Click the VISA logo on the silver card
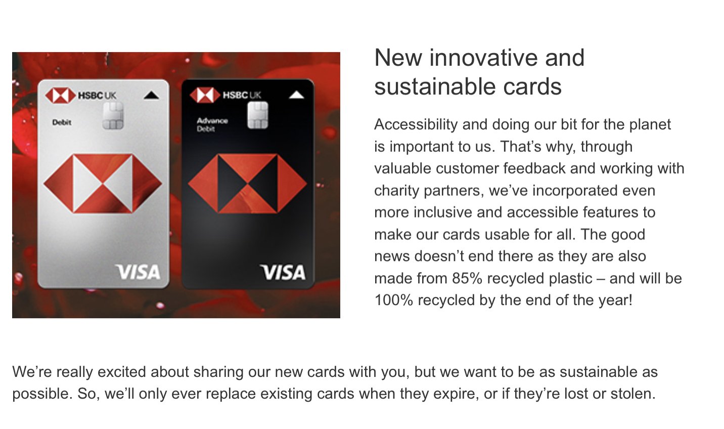tap(138, 272)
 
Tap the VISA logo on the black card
tap(283, 272)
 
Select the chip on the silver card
tap(113, 116)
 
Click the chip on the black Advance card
tap(258, 115)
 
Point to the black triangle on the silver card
tap(151, 96)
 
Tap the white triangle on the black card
tap(296, 95)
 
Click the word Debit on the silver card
tap(62, 122)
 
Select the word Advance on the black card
tap(212, 121)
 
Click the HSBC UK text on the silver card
tap(97, 96)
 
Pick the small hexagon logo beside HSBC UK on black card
tap(205, 95)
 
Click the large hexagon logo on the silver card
tap(103, 184)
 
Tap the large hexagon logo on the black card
tap(247, 184)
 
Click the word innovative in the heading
tap(484, 58)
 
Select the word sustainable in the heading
tap(435, 87)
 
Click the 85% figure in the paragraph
tap(467, 278)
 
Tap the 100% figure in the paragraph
tap(394, 300)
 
